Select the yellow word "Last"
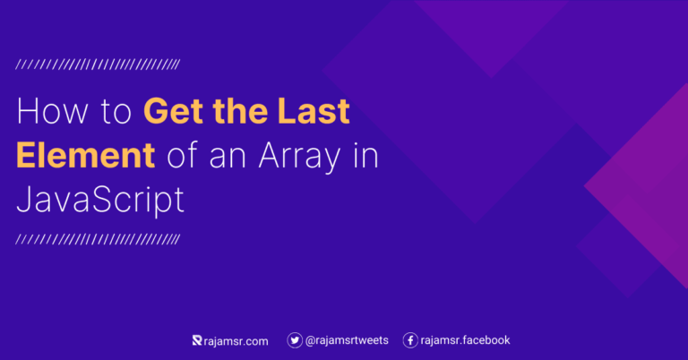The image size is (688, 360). (309, 113)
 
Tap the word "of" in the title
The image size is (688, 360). (180, 156)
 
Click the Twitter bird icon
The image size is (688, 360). (294, 340)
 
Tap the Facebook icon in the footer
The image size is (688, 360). (410, 340)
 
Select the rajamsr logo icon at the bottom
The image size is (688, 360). (197, 340)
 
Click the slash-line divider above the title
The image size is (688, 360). (99, 64)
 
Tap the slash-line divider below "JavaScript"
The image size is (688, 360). (99, 239)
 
